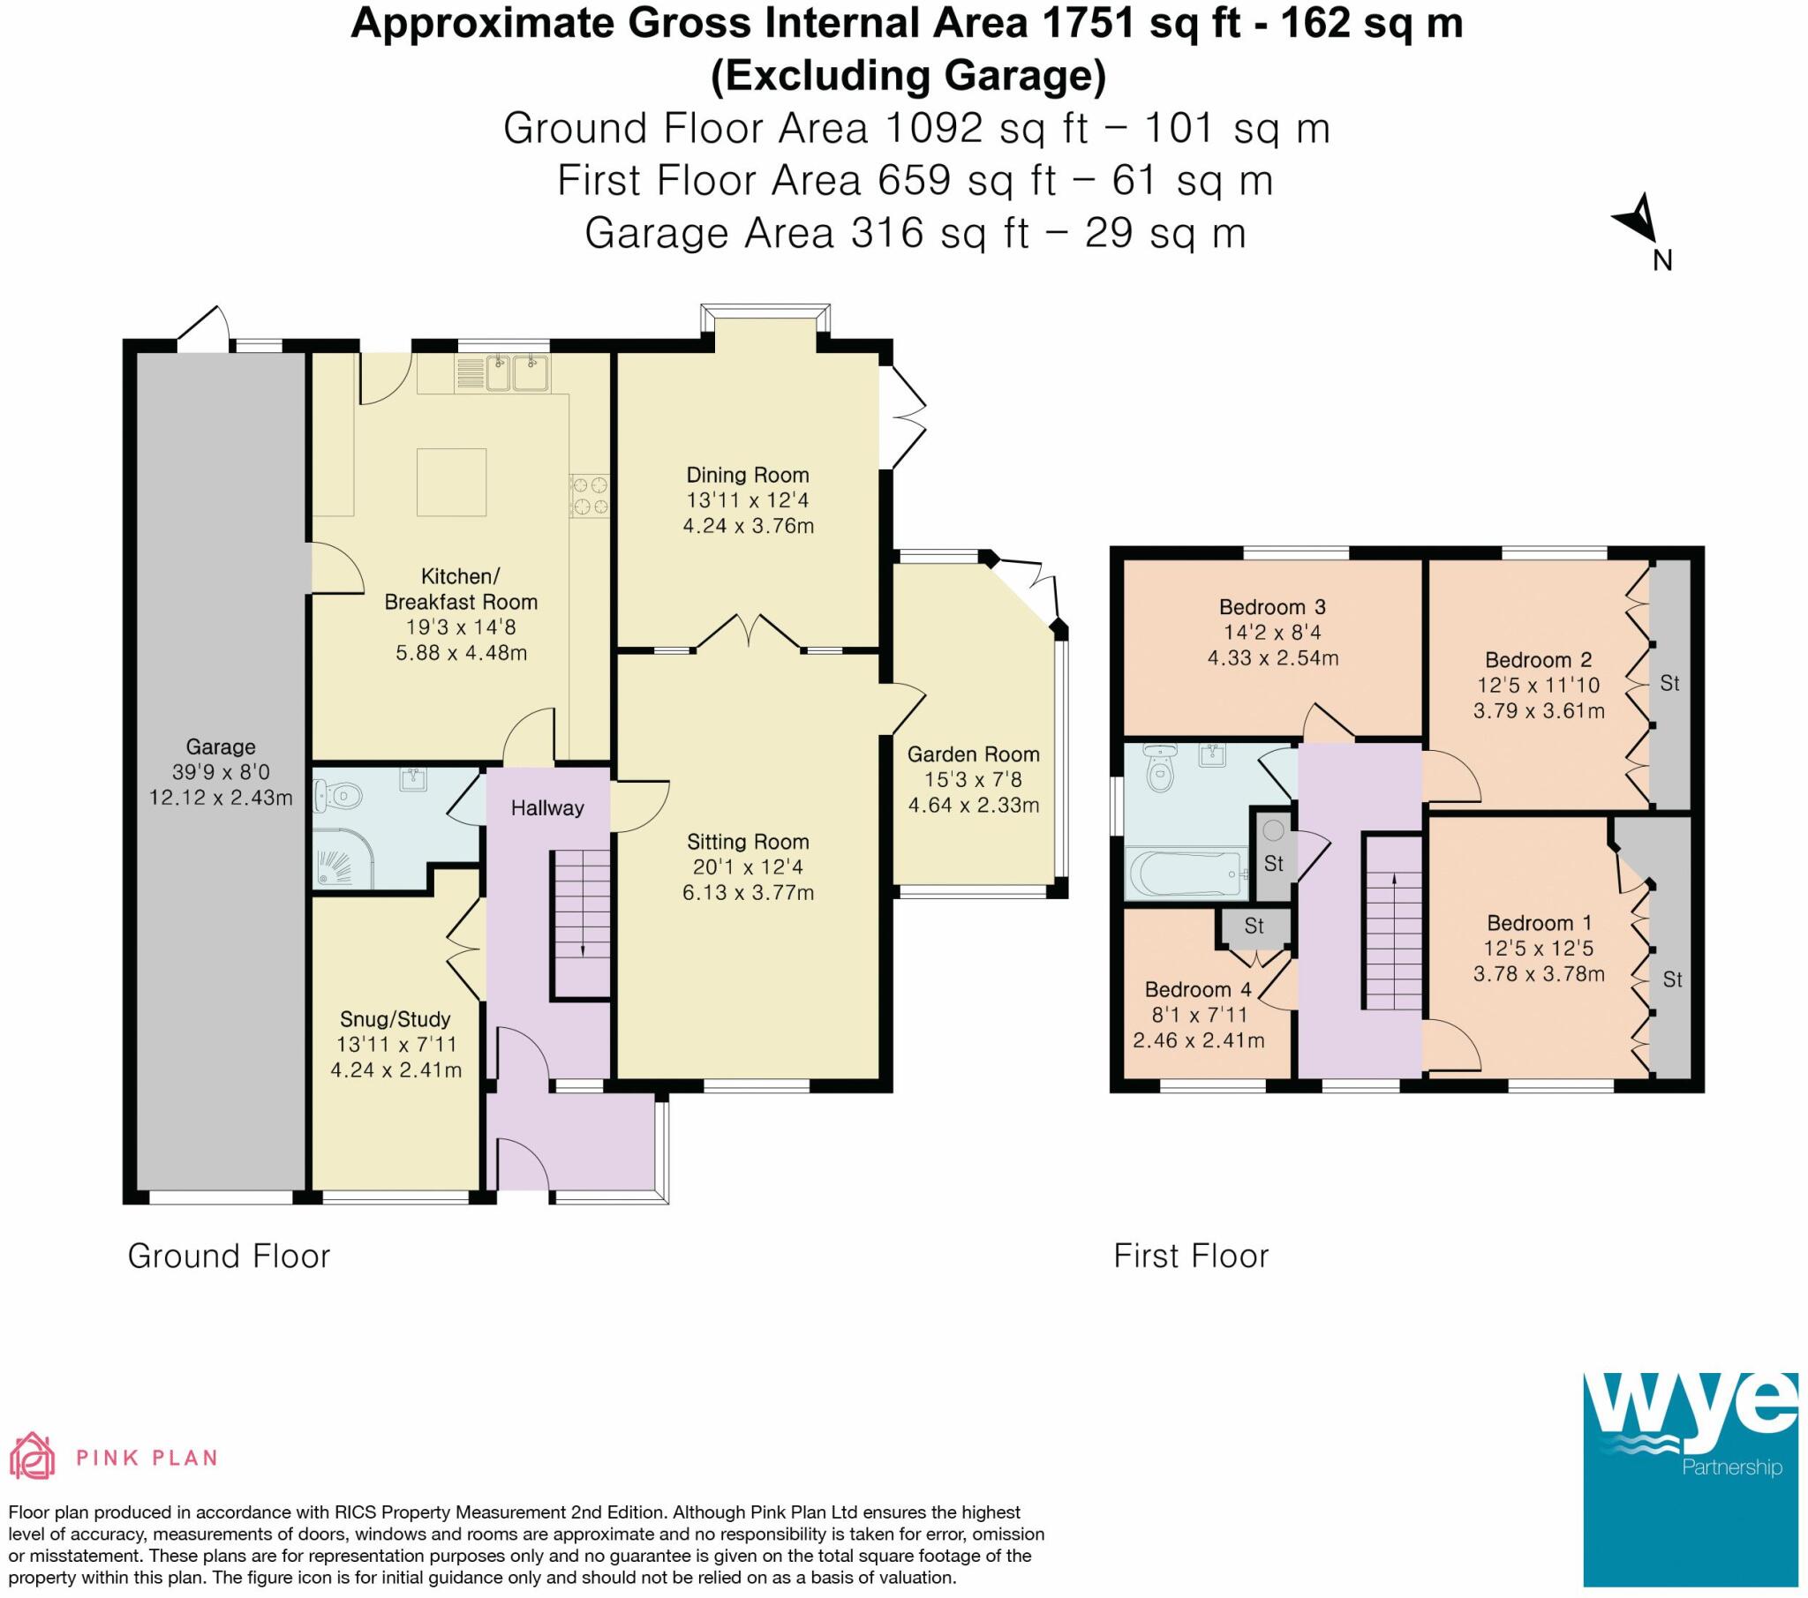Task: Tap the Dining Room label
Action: pyautogui.click(x=748, y=475)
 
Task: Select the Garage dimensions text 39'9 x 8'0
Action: pyautogui.click(x=220, y=772)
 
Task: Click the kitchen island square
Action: pyautogui.click(x=452, y=482)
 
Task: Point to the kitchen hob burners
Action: pyautogui.click(x=590, y=495)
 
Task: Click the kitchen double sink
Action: pyautogui.click(x=516, y=373)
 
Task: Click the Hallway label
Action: pyautogui.click(x=547, y=807)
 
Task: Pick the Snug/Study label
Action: pyautogui.click(x=395, y=1019)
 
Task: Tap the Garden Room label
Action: pyautogui.click(x=973, y=754)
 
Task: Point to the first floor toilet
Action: pyautogui.click(x=1157, y=769)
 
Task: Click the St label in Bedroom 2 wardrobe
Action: pyautogui.click(x=1669, y=684)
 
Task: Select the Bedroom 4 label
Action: pyautogui.click(x=1199, y=989)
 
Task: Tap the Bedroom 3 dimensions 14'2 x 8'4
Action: pyautogui.click(x=1272, y=634)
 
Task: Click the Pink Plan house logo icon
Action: pyautogui.click(x=32, y=1457)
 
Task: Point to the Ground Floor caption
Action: pyautogui.click(x=229, y=1257)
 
